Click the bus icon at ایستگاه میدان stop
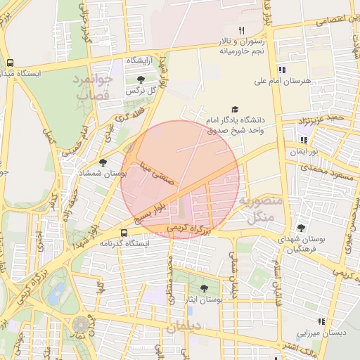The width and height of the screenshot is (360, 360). point(10,62)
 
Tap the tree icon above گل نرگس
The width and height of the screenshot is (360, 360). point(141,79)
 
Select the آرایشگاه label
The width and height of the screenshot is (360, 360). point(140,61)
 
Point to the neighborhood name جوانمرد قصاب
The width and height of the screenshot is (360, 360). point(93,85)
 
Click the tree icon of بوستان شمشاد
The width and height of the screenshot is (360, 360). point(103,162)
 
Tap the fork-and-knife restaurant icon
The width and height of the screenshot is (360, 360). point(242,30)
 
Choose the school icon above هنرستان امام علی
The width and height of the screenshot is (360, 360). point(282,70)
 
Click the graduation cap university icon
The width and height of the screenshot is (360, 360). point(234,110)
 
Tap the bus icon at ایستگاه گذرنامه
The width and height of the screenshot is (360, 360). point(124,232)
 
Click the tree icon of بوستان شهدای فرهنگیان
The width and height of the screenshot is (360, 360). point(301,227)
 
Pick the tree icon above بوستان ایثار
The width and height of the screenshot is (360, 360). point(204,288)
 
